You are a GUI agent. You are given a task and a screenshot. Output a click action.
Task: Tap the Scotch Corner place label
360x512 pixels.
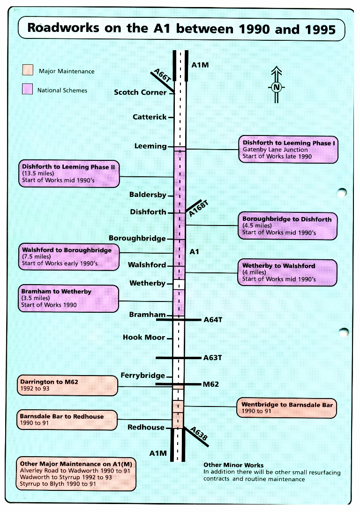140,92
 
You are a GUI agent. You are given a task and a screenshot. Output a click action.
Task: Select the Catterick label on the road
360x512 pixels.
150,117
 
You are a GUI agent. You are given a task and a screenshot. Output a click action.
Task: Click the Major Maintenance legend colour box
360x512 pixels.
28,71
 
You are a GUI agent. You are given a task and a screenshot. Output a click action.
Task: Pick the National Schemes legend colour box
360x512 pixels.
28,90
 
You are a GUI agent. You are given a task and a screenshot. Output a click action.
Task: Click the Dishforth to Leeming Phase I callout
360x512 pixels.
288,150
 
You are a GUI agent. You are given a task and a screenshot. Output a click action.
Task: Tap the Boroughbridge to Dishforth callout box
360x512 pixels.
288,226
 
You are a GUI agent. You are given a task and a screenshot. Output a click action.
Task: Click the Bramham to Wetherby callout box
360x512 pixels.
68,298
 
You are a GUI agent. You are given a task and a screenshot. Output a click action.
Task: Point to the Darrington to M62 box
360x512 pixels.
67,385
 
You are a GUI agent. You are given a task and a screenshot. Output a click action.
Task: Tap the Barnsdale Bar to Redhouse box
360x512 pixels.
67,420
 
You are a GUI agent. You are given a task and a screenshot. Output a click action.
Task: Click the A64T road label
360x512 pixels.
213,320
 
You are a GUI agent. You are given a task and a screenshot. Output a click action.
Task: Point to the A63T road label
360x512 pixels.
213,358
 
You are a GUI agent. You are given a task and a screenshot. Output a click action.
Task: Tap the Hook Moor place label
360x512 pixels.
144,338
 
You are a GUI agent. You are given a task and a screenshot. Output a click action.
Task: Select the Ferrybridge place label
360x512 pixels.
143,376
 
